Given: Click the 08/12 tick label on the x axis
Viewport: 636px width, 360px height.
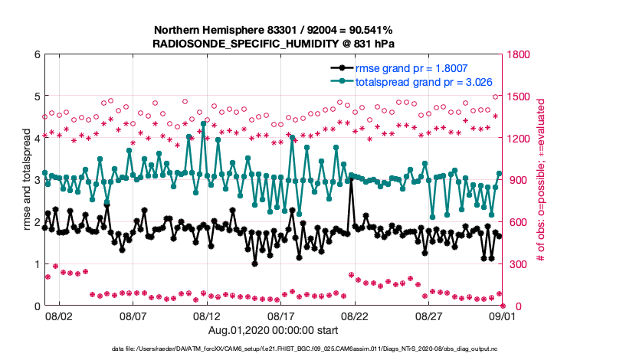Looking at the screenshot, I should coord(207,315).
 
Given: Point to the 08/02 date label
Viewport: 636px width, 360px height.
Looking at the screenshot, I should coord(59,315).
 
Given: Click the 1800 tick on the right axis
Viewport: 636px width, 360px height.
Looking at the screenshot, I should coord(516,54).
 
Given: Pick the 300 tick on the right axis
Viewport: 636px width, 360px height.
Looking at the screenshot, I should coord(513,264).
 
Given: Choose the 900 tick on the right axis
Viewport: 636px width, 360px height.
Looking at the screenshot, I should coord(513,180).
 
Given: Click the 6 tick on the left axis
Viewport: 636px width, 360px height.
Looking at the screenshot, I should coord(36,54).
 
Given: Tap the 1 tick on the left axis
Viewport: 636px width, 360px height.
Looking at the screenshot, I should coord(36,264).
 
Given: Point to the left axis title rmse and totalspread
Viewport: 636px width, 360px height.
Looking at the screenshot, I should coord(26,180).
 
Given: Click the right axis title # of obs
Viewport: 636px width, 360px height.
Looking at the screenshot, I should coord(541,180).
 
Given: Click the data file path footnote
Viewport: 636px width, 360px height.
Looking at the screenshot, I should coord(317,349).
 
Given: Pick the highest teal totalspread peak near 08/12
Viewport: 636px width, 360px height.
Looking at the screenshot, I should coord(203,123).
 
